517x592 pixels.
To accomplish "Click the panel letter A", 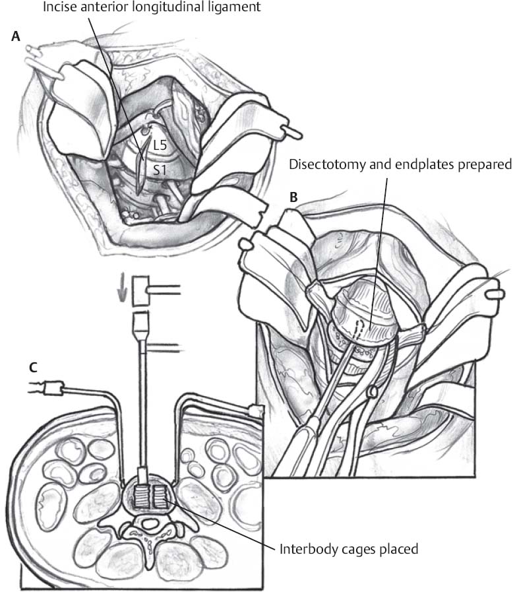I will pyautogui.click(x=15, y=38).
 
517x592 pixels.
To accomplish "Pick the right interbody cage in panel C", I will pyautogui.click(x=160, y=498).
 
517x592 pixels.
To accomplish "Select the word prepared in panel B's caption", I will pyautogui.click(x=479, y=164).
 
